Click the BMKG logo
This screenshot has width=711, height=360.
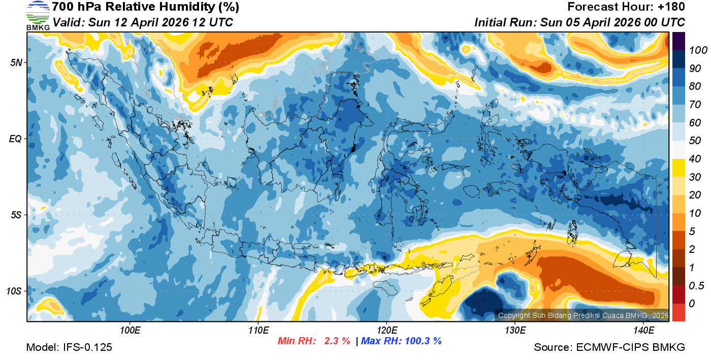[x=38, y=16]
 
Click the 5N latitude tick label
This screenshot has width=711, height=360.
[x=16, y=62]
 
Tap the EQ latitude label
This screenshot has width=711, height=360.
[x=16, y=139]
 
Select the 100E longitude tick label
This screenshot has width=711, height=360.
[x=130, y=331]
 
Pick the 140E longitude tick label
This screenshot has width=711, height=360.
[x=643, y=331]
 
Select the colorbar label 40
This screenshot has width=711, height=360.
[x=695, y=159]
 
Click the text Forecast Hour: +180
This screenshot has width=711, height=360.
[x=626, y=7]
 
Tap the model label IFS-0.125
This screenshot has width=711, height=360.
[x=87, y=347]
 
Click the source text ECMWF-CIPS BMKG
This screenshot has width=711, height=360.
[x=630, y=347]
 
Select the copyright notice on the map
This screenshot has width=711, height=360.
[x=583, y=315]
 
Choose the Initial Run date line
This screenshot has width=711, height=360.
[x=579, y=22]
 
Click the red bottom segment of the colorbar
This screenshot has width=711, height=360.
[x=678, y=312]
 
